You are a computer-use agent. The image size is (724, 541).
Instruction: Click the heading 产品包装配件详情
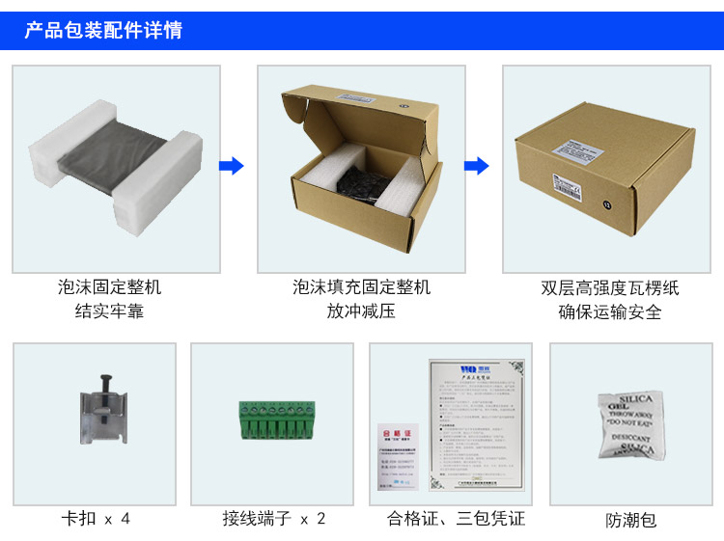pyautogui.click(x=103, y=30)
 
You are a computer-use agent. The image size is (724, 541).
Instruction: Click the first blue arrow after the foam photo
pyautogui.click(x=232, y=166)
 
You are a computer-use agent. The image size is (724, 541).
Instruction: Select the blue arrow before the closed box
pyautogui.click(x=477, y=166)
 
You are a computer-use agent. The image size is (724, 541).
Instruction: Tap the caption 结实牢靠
pyautogui.click(x=109, y=311)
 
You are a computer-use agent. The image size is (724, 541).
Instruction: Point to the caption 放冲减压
pyautogui.click(x=361, y=311)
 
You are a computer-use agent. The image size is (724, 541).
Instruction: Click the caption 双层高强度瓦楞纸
pyautogui.click(x=610, y=287)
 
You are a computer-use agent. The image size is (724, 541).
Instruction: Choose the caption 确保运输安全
pyautogui.click(x=610, y=311)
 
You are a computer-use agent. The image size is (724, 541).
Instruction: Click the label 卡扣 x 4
pyautogui.click(x=95, y=519)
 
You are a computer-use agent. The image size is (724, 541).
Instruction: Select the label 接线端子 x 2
pyautogui.click(x=274, y=519)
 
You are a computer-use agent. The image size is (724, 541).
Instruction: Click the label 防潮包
pyautogui.click(x=631, y=520)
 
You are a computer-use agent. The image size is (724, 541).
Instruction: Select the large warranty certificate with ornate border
pyautogui.click(x=477, y=419)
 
